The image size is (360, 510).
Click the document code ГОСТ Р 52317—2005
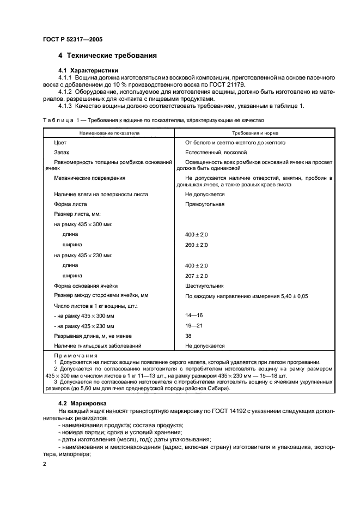[72, 39]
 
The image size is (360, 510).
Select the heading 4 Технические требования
[108, 56]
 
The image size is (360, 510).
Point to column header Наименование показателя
[109, 132]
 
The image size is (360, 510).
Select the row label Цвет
[60, 142]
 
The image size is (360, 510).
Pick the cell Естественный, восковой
[216, 153]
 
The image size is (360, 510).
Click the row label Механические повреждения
[90, 178]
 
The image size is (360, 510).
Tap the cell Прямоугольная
[205, 204]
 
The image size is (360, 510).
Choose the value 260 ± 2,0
[197, 245]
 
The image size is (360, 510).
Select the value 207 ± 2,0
[197, 276]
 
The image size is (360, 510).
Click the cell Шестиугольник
[204, 286]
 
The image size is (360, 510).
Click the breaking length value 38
[188, 336]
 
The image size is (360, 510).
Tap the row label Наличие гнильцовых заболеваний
[98, 346]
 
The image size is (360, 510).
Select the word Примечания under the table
[71, 355]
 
